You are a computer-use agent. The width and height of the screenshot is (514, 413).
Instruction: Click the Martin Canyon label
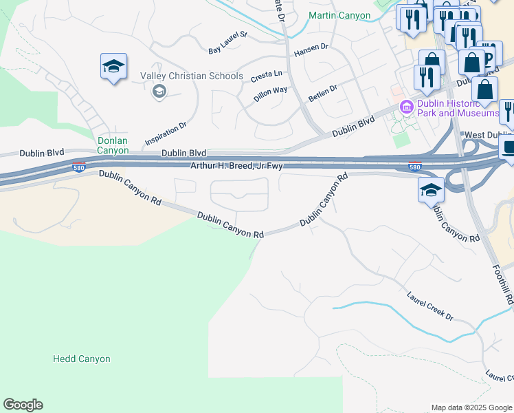(339, 15)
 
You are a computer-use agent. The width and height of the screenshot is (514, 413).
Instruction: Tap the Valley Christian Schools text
(192, 76)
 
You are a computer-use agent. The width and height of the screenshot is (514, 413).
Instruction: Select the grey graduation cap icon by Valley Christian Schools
(159, 91)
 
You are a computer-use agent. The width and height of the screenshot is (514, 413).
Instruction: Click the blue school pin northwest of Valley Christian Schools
(113, 67)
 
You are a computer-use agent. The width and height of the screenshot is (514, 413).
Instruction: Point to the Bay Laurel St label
(227, 41)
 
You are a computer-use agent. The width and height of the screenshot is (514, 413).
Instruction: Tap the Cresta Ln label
(267, 74)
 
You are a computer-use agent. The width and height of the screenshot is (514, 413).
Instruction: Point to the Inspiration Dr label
(166, 134)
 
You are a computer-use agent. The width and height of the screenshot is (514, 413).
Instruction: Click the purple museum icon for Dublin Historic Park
(405, 107)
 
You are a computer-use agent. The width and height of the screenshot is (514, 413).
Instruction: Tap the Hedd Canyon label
(82, 359)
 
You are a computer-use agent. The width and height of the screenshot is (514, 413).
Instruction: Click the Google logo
(23, 405)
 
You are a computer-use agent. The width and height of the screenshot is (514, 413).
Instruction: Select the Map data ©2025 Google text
(471, 407)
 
